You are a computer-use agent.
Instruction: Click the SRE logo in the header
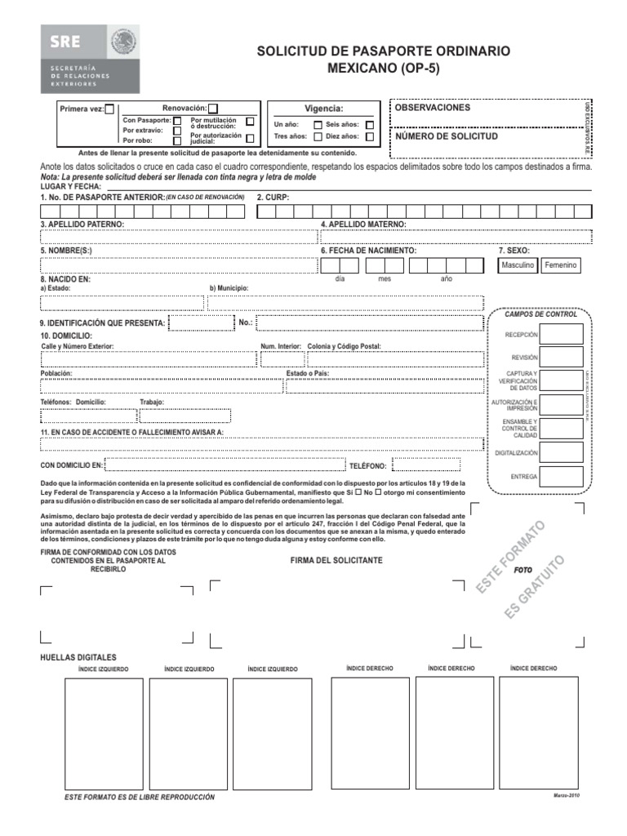91,59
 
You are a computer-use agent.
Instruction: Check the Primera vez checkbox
110,109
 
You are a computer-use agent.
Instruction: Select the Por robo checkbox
177,140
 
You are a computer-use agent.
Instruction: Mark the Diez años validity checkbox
370,137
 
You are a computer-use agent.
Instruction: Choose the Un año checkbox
318,125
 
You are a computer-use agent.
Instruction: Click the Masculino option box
518,265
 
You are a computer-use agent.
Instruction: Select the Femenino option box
560,265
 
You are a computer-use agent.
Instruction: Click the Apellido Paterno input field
178,237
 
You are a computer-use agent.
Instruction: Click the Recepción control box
561,334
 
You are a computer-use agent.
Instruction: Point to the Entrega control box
561,476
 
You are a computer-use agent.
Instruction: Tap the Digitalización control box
561,452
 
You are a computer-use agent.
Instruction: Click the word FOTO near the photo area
523,571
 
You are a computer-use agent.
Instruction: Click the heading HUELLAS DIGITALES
78,657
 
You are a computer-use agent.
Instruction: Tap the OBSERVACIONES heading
433,108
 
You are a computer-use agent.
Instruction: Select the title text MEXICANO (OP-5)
383,69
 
